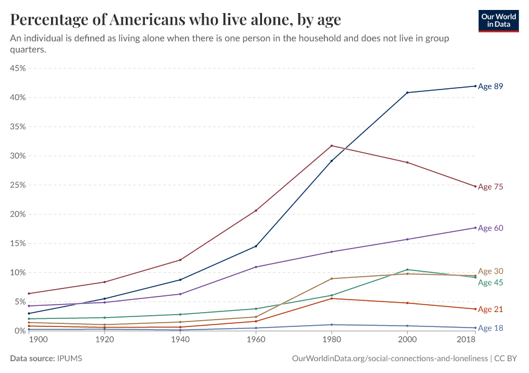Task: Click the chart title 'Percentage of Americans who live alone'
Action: [176, 20]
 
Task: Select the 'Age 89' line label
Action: [490, 86]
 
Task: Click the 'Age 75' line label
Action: [490, 186]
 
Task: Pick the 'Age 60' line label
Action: [490, 228]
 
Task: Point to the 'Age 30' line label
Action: [490, 271]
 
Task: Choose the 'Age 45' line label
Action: [490, 282]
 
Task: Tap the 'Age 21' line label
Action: [490, 309]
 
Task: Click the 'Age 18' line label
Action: [490, 328]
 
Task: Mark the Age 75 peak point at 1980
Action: [332, 145]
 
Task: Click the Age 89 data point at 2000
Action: [407, 93]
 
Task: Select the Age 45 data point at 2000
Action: [407, 270]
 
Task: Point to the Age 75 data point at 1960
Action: [256, 211]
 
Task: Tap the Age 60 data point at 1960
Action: [256, 267]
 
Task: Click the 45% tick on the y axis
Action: [17, 68]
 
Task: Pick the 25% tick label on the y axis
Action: [17, 185]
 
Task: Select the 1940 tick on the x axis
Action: [180, 341]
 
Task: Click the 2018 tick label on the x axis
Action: [467, 341]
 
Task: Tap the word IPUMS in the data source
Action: [69, 359]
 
